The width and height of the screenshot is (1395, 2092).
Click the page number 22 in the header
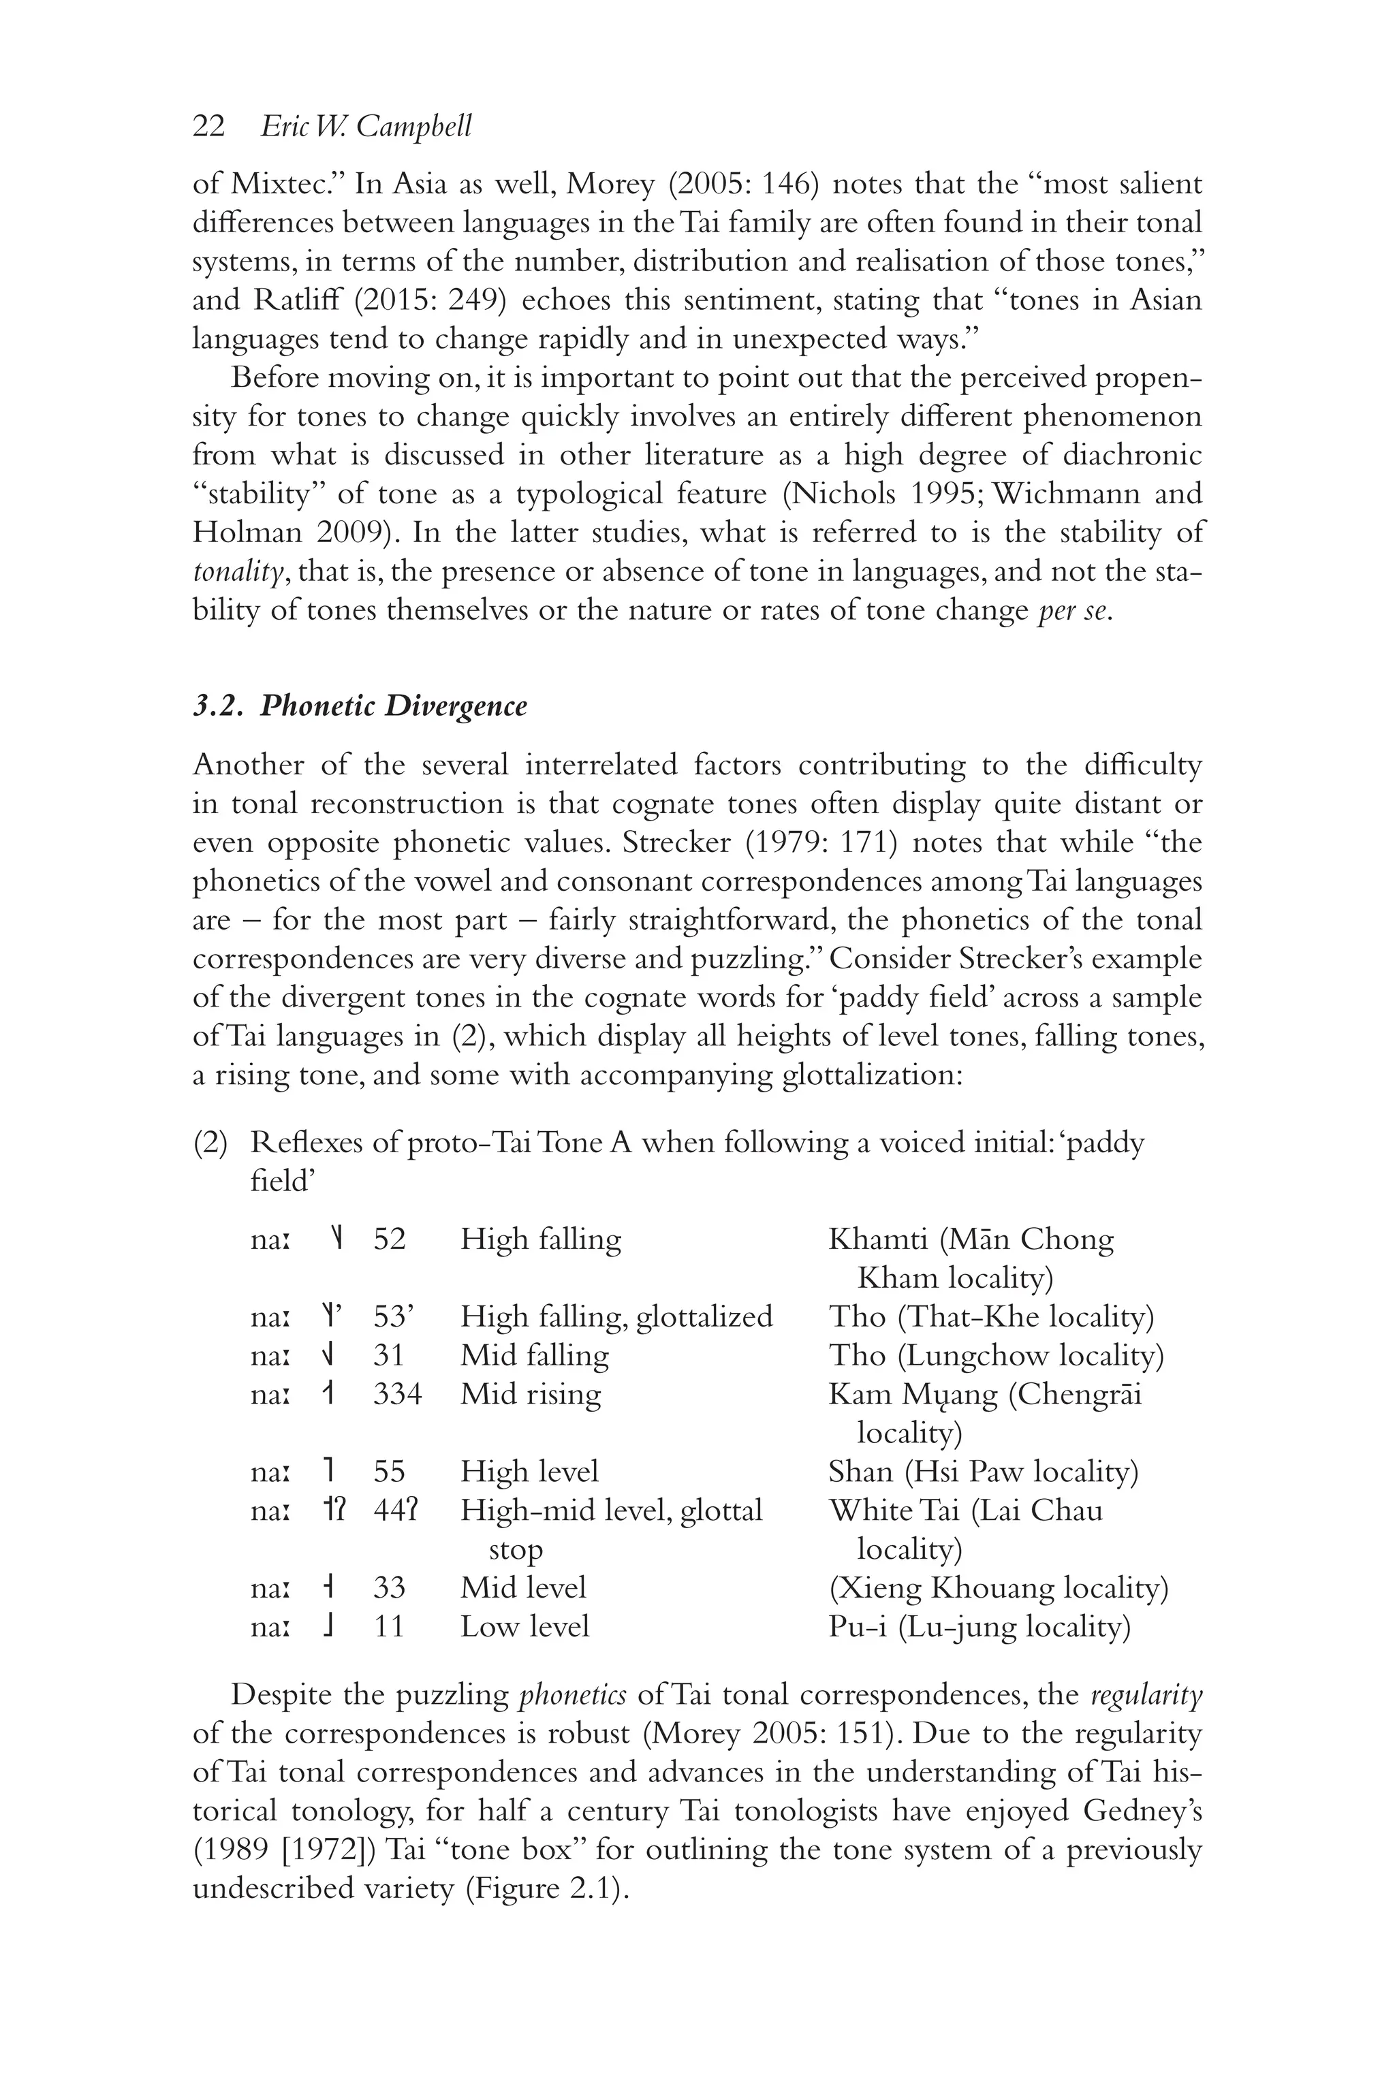tap(208, 127)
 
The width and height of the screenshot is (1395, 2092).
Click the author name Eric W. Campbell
tap(366, 127)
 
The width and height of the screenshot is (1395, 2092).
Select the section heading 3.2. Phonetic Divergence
tap(360, 706)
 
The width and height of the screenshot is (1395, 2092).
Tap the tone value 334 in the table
tap(397, 1393)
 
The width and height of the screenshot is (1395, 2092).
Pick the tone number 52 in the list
tap(390, 1238)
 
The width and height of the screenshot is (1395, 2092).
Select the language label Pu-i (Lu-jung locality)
tap(979, 1626)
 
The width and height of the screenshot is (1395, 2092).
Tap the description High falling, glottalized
tap(616, 1316)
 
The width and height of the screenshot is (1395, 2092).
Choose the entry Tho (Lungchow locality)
tap(996, 1354)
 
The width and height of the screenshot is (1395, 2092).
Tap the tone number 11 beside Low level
tap(389, 1626)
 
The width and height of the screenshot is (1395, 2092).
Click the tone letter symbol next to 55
tap(330, 1471)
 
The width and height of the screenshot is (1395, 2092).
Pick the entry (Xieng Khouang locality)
tap(998, 1587)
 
